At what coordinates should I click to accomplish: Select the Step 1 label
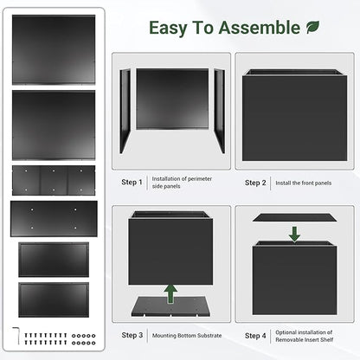132,183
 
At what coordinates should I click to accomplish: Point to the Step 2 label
255,183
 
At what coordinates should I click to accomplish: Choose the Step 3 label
132,335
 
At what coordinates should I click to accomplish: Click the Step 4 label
255,335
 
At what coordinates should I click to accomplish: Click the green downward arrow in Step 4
294,233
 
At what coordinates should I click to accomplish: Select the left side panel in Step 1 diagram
125,111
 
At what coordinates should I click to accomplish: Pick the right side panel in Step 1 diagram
218,111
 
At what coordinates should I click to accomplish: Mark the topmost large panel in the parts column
54,49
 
